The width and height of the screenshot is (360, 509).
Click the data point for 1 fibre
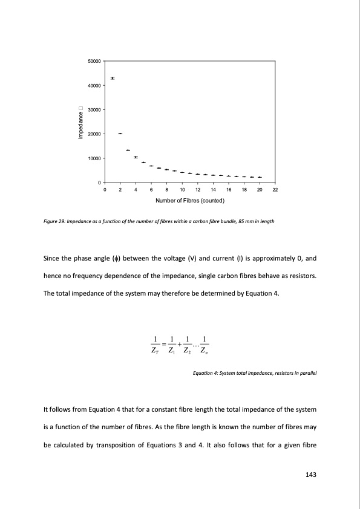(x=113, y=78)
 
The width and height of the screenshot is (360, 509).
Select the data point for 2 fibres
(x=120, y=133)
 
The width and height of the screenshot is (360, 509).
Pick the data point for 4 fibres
(x=136, y=157)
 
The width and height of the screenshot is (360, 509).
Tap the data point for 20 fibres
(x=260, y=177)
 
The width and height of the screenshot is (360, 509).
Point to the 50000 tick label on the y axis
(x=94, y=61)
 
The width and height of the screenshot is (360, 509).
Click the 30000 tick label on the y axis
(x=94, y=109)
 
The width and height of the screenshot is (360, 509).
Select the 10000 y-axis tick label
(x=94, y=158)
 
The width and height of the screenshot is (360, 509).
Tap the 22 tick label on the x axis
(x=275, y=189)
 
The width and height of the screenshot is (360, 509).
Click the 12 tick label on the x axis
(x=198, y=189)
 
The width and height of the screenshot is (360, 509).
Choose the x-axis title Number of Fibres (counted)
(x=190, y=200)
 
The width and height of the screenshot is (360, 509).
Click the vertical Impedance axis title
(x=79, y=123)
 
